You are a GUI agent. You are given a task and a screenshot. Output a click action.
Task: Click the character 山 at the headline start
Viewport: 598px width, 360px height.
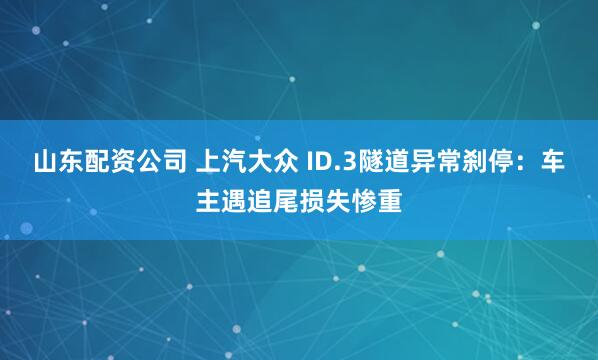tap(45, 163)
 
